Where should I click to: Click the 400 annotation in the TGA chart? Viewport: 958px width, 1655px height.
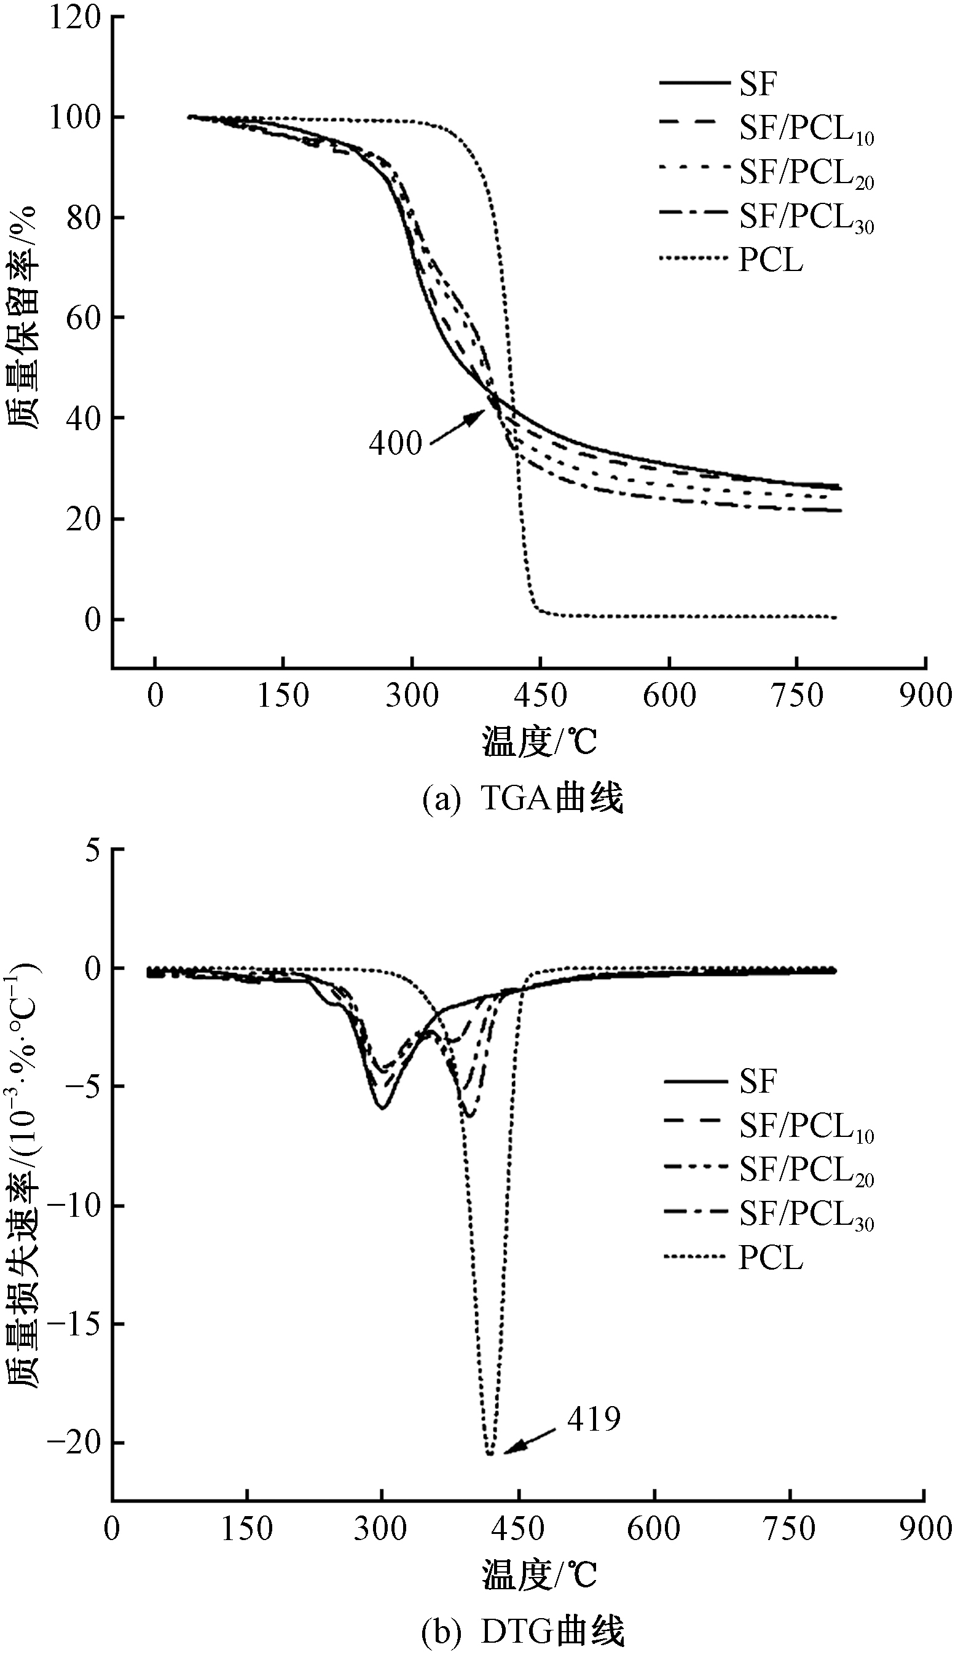coord(395,443)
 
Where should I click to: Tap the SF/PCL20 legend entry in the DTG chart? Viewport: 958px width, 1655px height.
coord(769,1170)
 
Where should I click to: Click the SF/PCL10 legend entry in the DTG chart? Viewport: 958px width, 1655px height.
coord(769,1125)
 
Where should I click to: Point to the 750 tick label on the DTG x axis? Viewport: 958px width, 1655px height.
coord(789,1528)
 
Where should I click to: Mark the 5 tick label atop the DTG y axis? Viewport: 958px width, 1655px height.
coord(93,850)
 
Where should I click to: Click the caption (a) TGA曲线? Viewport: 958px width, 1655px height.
coord(522,798)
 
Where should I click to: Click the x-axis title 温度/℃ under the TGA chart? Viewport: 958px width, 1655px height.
coord(539,742)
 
